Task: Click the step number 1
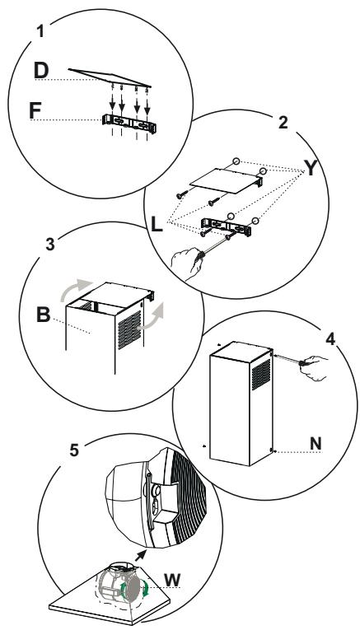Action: [40, 31]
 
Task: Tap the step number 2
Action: [283, 123]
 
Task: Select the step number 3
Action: [49, 245]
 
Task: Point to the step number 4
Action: [330, 339]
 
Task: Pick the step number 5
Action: [74, 450]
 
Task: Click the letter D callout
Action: [41, 70]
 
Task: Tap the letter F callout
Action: [35, 111]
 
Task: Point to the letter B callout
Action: [44, 315]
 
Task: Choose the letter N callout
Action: [316, 444]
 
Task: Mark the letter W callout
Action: [172, 581]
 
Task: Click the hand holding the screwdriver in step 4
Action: [314, 367]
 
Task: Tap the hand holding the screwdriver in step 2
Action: [186, 264]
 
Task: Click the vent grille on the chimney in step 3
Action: [129, 329]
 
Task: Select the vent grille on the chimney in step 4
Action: [261, 375]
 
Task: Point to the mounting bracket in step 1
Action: [129, 124]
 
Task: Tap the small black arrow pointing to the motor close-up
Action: [140, 556]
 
